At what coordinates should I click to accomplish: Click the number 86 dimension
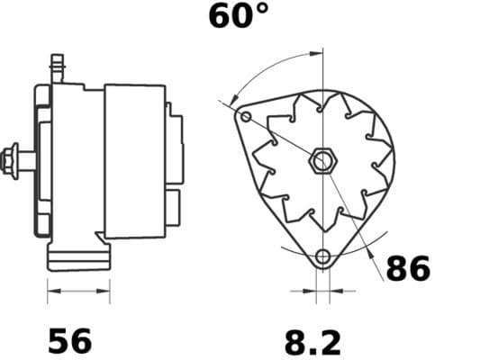408,268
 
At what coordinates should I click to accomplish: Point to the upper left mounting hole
247,117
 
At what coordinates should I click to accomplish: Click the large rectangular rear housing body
135,162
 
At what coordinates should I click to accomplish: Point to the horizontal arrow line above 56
77,292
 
